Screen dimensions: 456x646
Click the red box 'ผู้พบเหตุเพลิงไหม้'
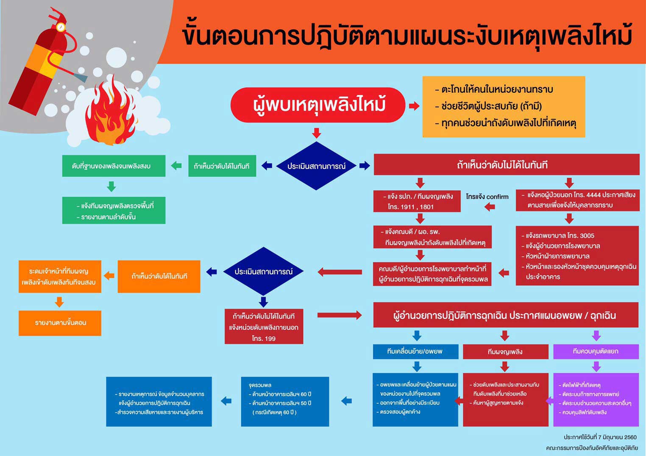click(x=318, y=105)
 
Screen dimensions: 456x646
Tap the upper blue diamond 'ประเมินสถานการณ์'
click(x=316, y=166)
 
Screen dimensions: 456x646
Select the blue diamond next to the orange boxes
click(x=263, y=272)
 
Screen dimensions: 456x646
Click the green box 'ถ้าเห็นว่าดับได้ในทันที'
click(x=222, y=166)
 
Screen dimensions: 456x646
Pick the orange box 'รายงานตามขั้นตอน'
click(x=60, y=323)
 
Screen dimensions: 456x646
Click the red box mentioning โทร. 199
click(x=264, y=327)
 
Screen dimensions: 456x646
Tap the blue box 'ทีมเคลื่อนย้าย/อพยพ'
click(x=415, y=352)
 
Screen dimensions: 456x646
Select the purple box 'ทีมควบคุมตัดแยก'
click(x=596, y=352)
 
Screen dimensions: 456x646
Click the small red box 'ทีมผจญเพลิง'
click(x=505, y=352)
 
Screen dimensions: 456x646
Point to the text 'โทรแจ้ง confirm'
click(x=487, y=197)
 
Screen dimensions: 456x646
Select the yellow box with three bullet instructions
click(x=504, y=107)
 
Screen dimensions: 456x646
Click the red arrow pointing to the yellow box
click(x=414, y=106)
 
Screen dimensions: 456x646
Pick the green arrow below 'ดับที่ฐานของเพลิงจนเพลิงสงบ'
click(x=111, y=186)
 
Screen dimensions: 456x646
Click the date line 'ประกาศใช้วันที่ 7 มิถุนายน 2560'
click(x=600, y=437)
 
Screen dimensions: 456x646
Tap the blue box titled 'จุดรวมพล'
click(x=285, y=401)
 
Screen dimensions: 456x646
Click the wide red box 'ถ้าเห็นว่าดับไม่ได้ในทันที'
click(x=506, y=165)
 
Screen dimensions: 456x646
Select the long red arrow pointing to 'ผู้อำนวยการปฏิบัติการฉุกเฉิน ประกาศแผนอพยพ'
click(x=339, y=315)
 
